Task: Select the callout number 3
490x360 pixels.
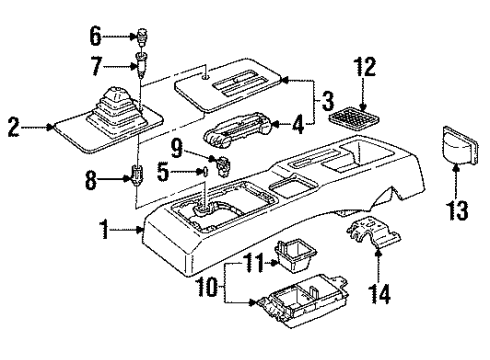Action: point(325,100)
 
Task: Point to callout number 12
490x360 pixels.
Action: point(362,69)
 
